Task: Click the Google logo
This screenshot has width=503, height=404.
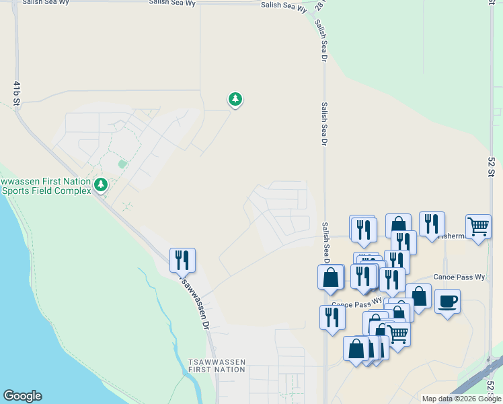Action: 22,396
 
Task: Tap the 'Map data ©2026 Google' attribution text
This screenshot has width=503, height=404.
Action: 461,399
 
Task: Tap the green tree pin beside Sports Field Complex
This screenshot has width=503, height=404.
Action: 101,184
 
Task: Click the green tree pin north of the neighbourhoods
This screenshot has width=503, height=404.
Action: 235,100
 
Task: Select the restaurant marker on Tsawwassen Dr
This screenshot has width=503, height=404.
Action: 182,259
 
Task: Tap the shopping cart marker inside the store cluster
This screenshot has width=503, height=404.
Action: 397,333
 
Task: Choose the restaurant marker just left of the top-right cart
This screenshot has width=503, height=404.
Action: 432,224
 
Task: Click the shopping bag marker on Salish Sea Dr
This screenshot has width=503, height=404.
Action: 331,277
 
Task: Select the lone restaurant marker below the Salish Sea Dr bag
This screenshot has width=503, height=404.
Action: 332,316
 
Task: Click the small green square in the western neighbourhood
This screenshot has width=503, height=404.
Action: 122,164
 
